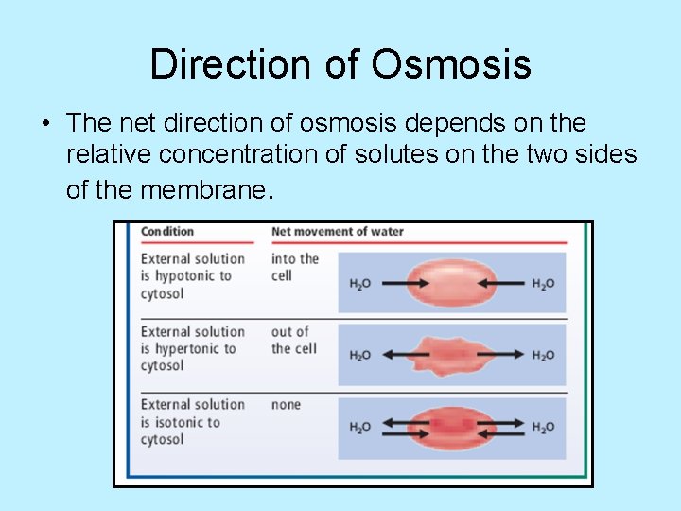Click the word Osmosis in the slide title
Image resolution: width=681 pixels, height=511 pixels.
click(451, 64)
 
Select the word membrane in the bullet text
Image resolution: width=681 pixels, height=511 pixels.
click(205, 190)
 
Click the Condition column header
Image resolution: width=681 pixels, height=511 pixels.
click(166, 231)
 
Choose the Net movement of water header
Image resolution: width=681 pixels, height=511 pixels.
click(337, 231)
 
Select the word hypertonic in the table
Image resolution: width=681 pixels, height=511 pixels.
click(191, 349)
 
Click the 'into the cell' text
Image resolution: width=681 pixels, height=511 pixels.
click(294, 267)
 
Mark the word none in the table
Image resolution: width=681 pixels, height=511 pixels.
click(286, 405)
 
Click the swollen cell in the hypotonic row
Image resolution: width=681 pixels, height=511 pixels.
click(450, 282)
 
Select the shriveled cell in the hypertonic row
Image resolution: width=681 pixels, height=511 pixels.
click(450, 354)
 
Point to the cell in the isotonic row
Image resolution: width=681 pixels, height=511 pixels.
click(450, 426)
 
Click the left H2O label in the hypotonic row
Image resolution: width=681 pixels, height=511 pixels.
click(359, 283)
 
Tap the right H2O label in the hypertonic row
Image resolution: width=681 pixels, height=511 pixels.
click(543, 355)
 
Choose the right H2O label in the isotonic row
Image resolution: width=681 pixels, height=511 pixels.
click(543, 427)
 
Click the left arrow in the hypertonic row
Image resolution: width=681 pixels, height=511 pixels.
click(398, 355)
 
